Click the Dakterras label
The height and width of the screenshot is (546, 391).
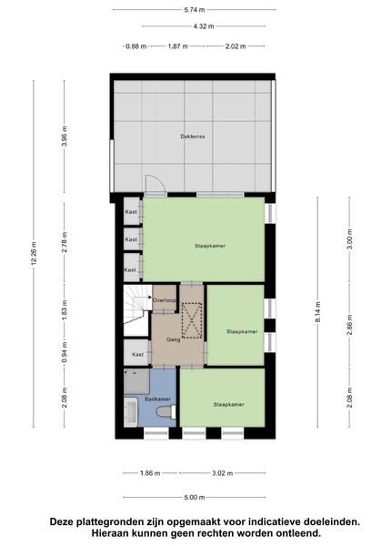(193, 136)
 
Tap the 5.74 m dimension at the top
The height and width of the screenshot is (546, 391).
(195, 10)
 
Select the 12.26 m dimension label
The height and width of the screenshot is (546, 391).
(34, 253)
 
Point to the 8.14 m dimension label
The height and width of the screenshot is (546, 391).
(318, 312)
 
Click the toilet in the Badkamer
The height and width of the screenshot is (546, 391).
(166, 411)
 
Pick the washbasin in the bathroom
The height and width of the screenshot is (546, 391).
(131, 412)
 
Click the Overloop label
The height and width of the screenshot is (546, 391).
(165, 300)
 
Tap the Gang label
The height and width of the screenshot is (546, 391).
(173, 339)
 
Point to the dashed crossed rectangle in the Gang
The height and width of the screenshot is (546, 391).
(192, 320)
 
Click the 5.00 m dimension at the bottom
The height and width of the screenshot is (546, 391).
(195, 497)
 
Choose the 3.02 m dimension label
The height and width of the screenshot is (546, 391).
(222, 473)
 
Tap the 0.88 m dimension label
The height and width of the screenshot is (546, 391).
(136, 46)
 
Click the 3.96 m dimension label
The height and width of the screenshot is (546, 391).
(65, 136)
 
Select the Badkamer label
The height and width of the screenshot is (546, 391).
(157, 399)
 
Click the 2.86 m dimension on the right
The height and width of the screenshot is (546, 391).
(349, 325)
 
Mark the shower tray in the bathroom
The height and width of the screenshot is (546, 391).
(136, 381)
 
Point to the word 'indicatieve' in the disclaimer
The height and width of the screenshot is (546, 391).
(262, 522)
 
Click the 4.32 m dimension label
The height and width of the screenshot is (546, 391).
(204, 26)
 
